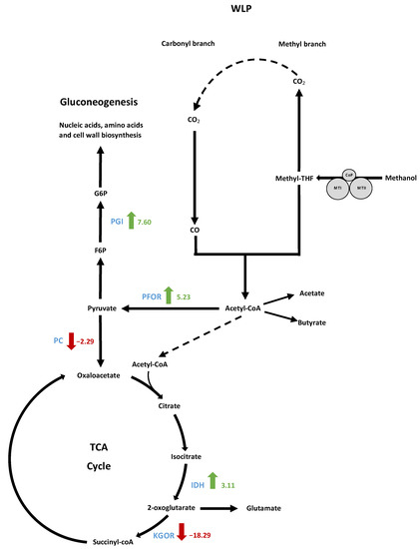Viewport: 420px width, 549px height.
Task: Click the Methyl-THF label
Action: (293, 178)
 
